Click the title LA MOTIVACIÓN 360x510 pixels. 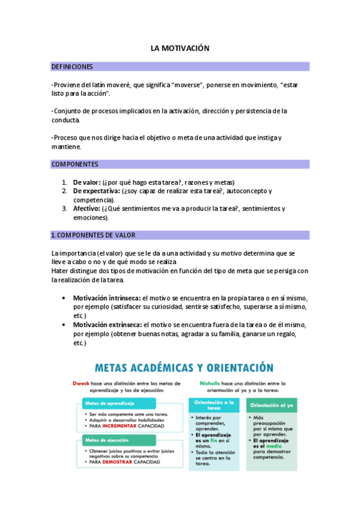180,48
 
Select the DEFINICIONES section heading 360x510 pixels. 72,67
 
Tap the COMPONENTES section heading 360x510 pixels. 75,164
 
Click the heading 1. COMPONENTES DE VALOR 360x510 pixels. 93,235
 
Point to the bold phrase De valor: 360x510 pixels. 87,182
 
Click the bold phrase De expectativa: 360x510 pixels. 96,191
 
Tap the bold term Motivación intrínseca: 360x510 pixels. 107,298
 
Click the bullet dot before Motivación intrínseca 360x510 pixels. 64,298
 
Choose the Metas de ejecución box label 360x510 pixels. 106,440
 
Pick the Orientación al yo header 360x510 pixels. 271,405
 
